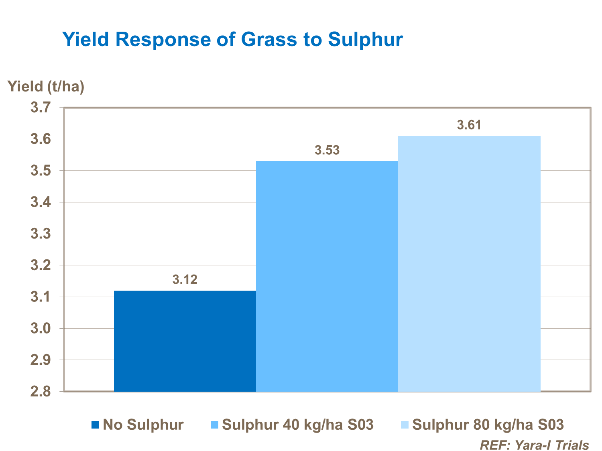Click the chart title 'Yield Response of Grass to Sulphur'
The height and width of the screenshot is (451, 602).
coord(232,40)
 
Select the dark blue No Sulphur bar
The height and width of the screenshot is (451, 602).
coord(185,341)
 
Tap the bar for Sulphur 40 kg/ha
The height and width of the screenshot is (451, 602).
coord(327,276)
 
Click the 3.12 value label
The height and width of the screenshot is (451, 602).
coord(185,279)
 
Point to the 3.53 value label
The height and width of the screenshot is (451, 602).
coord(327,150)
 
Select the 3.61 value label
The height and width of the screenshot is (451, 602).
coord(469,125)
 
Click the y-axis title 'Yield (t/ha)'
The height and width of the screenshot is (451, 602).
coord(46,86)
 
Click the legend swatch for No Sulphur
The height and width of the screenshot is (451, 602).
coord(95,425)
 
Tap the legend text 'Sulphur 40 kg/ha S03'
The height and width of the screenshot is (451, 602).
coord(298,425)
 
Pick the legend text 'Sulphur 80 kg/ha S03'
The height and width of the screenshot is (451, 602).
coord(488,425)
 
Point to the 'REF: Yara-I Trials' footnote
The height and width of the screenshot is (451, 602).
coord(534,445)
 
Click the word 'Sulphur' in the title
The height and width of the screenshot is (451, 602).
coord(365,40)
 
